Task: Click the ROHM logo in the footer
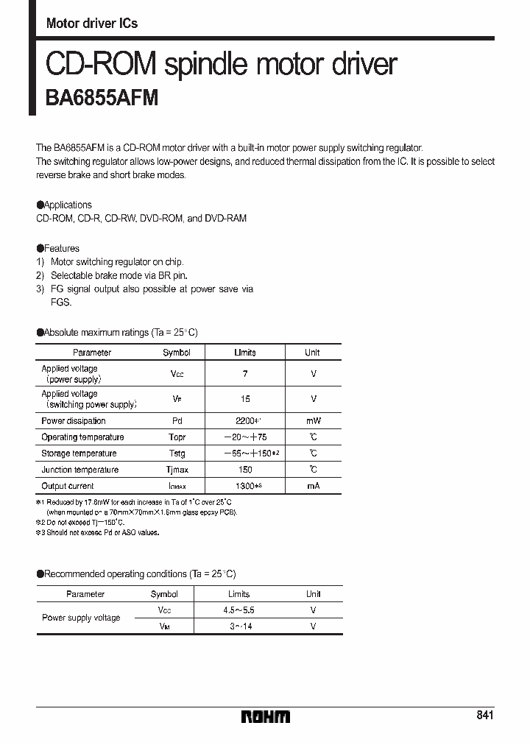[x=266, y=716]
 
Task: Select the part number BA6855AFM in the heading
[x=102, y=98]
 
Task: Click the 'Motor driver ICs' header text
[x=92, y=23]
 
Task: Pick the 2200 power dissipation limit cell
[x=245, y=421]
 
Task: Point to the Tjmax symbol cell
[x=177, y=470]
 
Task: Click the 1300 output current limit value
[x=245, y=486]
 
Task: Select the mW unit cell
[x=313, y=421]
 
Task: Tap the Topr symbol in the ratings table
[x=177, y=437]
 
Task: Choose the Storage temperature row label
[x=79, y=453]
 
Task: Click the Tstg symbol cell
[x=177, y=453]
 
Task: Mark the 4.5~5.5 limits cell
[x=239, y=610]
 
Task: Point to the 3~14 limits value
[x=239, y=626]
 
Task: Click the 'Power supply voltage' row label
[x=81, y=618]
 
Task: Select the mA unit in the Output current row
[x=313, y=486]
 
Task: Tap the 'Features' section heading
[x=61, y=248]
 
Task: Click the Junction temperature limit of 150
[x=245, y=470]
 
